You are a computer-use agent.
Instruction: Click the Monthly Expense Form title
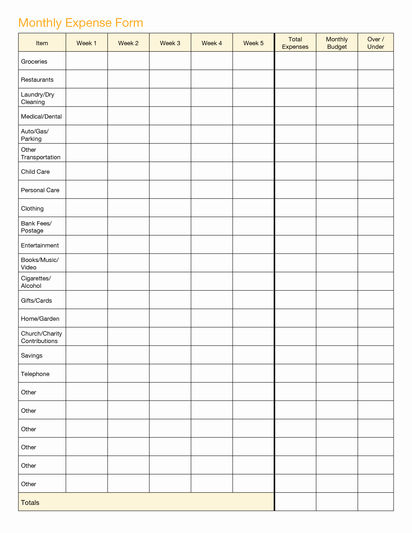80,23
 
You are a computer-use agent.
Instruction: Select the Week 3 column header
170,43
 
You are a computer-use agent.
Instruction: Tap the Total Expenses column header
295,43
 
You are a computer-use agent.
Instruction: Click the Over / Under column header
375,43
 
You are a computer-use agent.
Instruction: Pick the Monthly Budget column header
337,43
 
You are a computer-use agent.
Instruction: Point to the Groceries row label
34,61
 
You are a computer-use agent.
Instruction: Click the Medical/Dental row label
41,116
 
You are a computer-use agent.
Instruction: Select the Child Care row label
35,172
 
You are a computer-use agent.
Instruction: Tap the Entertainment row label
40,245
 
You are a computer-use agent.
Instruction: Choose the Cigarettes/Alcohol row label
36,282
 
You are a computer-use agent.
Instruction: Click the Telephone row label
35,374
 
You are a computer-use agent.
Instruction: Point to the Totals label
30,502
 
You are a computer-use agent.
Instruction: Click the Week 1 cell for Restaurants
87,79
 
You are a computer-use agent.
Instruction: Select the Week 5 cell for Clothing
253,208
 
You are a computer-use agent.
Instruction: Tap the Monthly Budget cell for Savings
337,355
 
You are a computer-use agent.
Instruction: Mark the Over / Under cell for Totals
375,502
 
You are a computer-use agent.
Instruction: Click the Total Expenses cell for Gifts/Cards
295,300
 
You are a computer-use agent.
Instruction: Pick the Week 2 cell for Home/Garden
128,318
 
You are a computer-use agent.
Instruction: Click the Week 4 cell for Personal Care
212,189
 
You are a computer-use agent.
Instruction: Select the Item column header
42,43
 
